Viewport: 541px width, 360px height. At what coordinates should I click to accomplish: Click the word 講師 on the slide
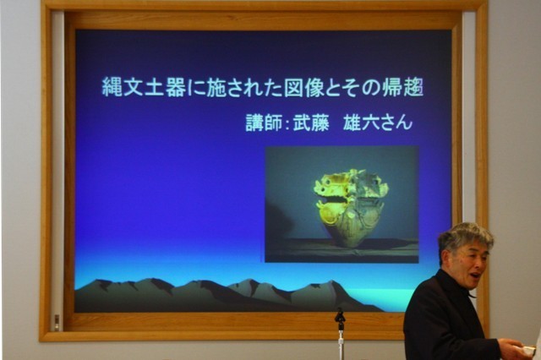tap(264, 123)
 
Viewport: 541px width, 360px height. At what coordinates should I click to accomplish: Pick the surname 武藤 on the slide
tap(311, 123)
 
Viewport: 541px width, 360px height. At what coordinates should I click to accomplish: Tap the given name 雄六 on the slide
tap(361, 123)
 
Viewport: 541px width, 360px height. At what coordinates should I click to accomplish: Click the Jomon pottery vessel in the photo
tap(351, 208)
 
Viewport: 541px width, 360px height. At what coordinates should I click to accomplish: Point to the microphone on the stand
tap(340, 318)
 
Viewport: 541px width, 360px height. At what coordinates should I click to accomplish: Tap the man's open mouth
tap(476, 275)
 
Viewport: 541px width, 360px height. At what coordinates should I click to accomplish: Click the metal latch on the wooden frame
tap(57, 322)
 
